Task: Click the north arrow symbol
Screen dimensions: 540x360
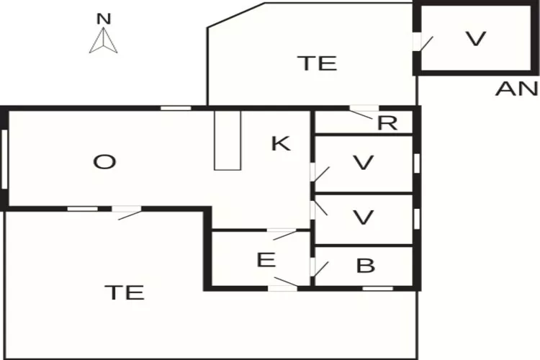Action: pos(103,40)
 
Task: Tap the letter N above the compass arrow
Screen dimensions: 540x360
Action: pos(104,19)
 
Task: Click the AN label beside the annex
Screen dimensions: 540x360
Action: pos(516,89)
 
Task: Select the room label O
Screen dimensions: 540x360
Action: pos(104,162)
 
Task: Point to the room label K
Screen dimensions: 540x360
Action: pos(281,143)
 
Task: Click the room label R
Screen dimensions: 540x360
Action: pos(387,123)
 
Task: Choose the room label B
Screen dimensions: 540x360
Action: pos(365,266)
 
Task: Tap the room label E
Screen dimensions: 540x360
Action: pos(266,260)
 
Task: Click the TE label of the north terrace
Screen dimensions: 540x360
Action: pos(319,63)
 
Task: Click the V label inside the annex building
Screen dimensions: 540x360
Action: pos(476,39)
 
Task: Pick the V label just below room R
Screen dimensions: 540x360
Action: pos(364,162)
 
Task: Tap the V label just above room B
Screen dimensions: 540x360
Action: pos(364,217)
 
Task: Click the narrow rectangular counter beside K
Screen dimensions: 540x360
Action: pos(228,140)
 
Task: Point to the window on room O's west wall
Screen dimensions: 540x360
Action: pos(4,159)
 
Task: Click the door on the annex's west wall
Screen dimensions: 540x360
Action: pos(423,42)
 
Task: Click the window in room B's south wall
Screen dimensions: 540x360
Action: pos(378,288)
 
